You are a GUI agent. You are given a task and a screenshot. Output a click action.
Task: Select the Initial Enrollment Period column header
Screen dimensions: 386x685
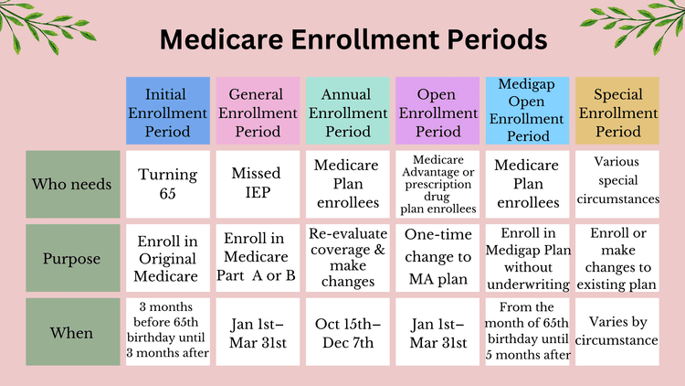click(168, 113)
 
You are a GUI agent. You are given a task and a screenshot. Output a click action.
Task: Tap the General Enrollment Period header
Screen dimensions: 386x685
click(257, 113)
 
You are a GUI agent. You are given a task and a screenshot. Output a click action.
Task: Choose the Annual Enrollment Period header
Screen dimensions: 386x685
click(348, 113)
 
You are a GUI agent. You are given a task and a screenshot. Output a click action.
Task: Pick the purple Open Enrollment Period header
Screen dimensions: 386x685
click(437, 113)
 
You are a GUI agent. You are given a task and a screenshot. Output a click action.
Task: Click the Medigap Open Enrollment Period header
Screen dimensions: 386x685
click(527, 111)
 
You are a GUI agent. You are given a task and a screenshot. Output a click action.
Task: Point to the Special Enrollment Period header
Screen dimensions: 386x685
click(616, 113)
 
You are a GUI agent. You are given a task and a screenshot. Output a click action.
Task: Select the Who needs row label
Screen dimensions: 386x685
click(72, 184)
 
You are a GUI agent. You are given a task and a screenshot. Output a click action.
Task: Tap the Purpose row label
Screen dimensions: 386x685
click(72, 258)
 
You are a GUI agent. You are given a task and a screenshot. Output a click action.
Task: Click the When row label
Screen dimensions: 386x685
click(72, 333)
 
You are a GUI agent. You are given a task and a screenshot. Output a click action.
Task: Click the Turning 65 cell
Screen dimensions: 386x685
click(168, 184)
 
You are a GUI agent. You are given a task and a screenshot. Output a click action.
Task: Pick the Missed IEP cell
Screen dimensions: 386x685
click(257, 184)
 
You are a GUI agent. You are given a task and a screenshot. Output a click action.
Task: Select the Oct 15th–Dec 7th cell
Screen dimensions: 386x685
click(348, 333)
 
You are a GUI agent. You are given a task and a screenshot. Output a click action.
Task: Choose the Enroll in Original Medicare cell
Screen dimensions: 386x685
click(168, 258)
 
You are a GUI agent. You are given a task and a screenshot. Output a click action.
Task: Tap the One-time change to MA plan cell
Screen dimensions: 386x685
click(437, 258)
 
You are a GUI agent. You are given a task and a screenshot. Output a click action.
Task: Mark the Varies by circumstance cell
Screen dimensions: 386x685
click(616, 333)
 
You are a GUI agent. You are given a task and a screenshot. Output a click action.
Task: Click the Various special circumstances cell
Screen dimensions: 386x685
click(616, 184)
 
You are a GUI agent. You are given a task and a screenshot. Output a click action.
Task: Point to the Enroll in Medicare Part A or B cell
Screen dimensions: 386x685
click(257, 258)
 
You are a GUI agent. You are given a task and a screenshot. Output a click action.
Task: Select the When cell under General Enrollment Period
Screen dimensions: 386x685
click(257, 333)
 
